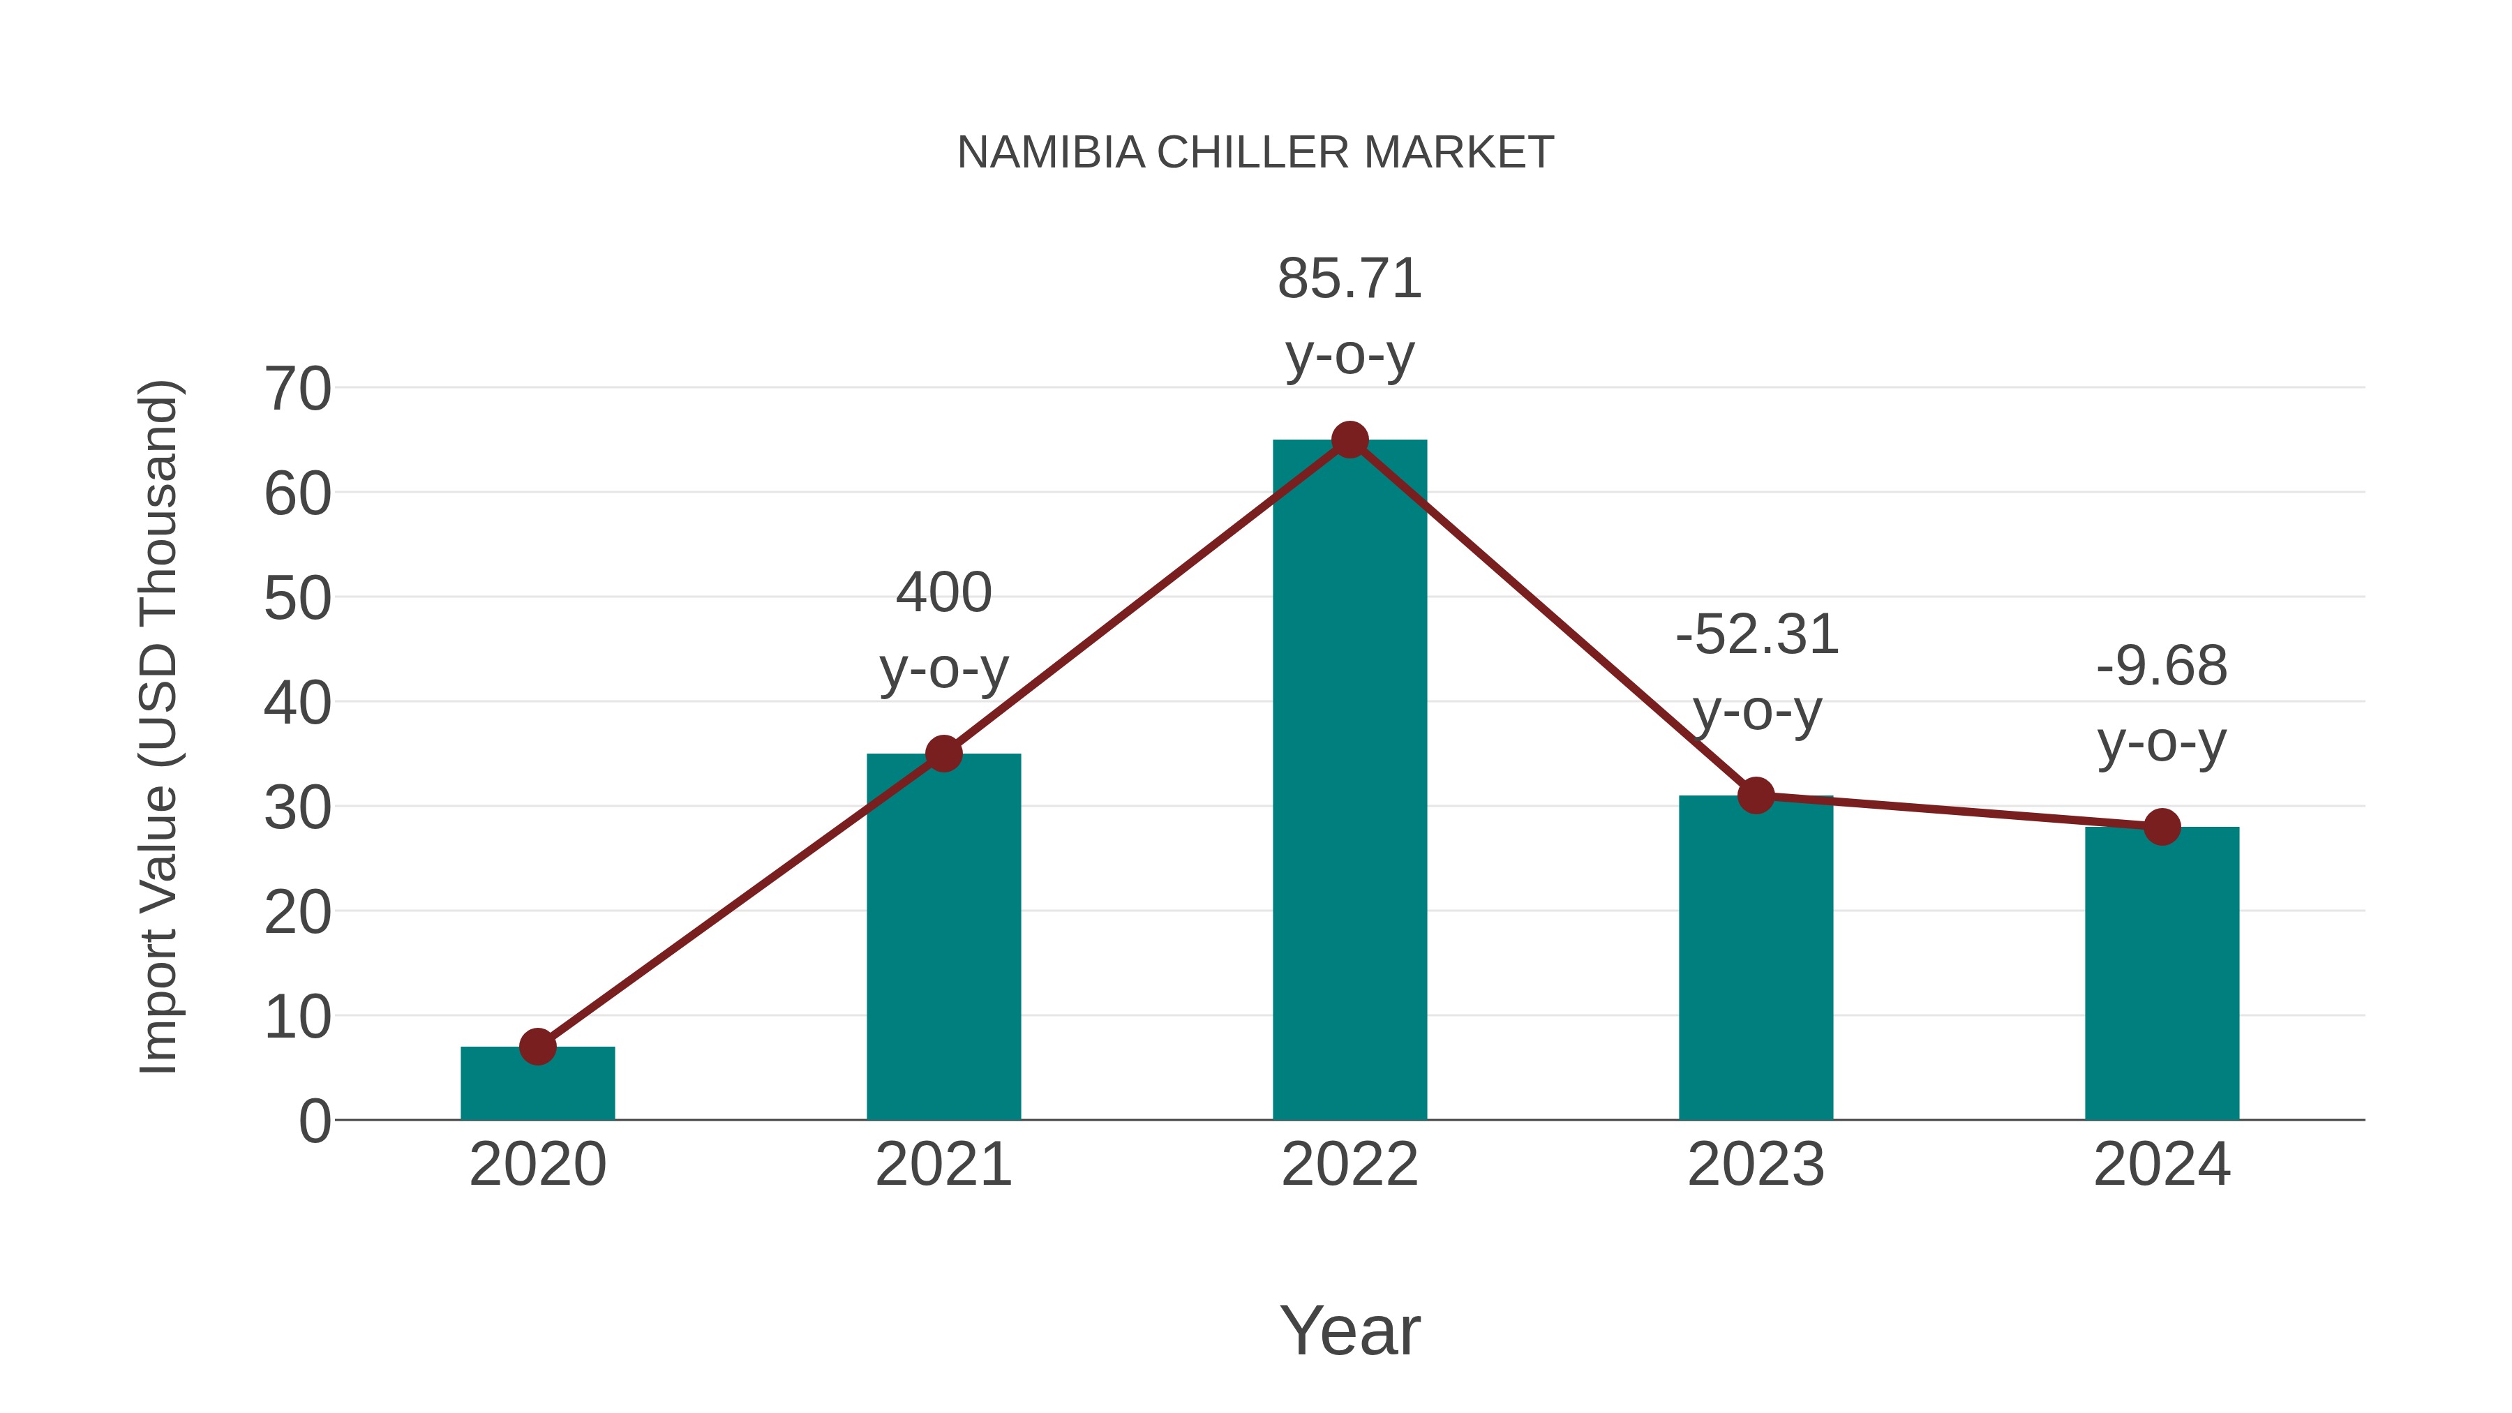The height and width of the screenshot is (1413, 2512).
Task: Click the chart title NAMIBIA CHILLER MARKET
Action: (x=1255, y=153)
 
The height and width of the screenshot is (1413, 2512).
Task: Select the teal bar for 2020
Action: (x=537, y=1084)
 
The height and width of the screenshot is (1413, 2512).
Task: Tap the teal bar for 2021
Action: (x=943, y=936)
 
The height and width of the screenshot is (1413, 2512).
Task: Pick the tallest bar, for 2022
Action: (x=1350, y=780)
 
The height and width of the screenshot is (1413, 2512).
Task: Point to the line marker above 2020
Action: (x=537, y=1047)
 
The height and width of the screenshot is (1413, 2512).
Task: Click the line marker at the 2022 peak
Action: (x=1350, y=440)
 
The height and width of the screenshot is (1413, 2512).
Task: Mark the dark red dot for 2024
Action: (x=2162, y=827)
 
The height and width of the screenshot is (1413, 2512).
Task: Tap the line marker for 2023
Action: (x=1756, y=795)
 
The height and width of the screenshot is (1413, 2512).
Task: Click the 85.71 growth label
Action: (x=1350, y=279)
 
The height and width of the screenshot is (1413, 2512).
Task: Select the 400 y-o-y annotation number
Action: (x=943, y=593)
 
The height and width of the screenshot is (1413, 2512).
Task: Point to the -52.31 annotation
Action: (x=1756, y=635)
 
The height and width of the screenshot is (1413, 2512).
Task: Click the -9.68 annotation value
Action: (x=2162, y=667)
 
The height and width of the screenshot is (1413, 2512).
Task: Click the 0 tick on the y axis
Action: (x=314, y=1121)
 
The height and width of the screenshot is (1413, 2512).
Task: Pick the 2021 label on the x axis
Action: (x=943, y=1165)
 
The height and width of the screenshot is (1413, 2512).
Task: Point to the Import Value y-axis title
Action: (x=158, y=726)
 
